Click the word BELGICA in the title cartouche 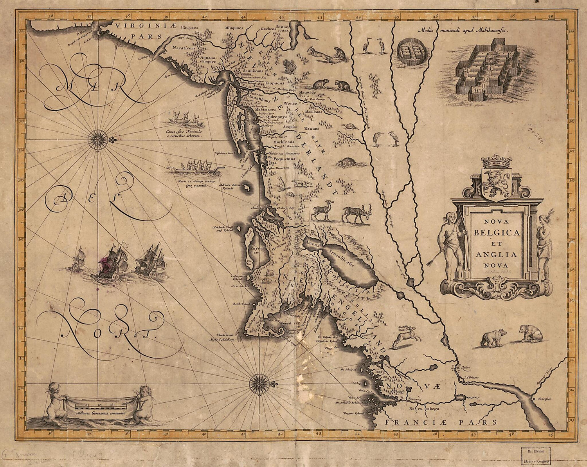coord(497,232)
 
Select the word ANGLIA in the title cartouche coord(497,254)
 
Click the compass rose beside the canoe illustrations coord(95,138)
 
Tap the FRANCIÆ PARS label coord(440,422)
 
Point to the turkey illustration coord(290,66)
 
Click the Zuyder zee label coord(259,249)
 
